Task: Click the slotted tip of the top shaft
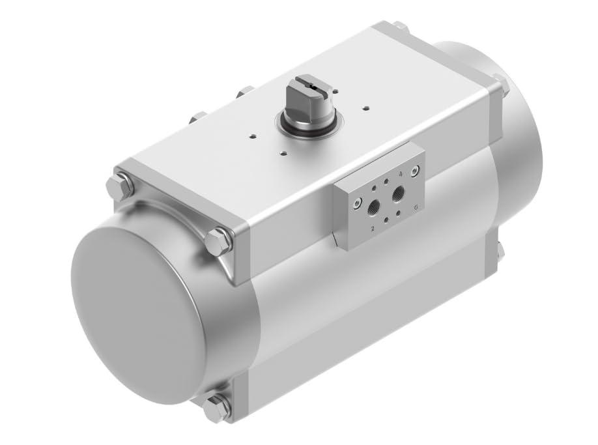tap(308, 84)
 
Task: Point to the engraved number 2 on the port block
tap(372, 229)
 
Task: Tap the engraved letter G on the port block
tap(416, 207)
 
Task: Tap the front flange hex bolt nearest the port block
tap(217, 242)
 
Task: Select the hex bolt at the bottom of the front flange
tap(216, 408)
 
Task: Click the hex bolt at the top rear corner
tap(399, 28)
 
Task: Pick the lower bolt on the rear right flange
tap(498, 251)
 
